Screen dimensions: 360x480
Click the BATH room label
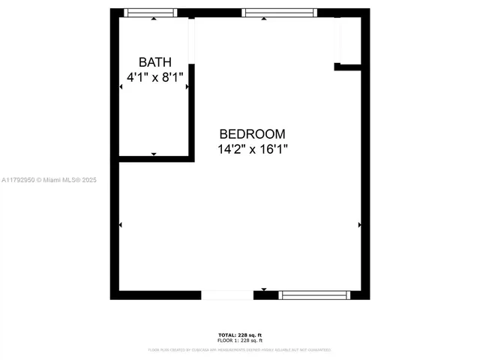pyautogui.click(x=155, y=61)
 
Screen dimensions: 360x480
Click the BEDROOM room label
pyautogui.click(x=252, y=134)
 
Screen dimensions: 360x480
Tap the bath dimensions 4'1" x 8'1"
pyautogui.click(x=154, y=76)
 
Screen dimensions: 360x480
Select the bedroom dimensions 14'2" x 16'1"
pyautogui.click(x=253, y=149)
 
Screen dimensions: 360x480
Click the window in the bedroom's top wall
pyautogui.click(x=279, y=13)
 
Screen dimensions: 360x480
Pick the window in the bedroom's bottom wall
pyautogui.click(x=314, y=295)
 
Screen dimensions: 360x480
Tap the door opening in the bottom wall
pyautogui.click(x=227, y=295)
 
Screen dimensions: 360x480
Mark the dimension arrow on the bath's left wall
pyautogui.click(x=121, y=87)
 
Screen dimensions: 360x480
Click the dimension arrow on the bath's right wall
pyautogui.click(x=187, y=87)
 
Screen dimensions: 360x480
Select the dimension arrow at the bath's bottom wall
pyautogui.click(x=154, y=154)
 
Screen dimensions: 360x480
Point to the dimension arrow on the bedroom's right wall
pyautogui.click(x=359, y=224)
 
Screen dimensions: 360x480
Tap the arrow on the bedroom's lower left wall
pyautogui.click(x=121, y=224)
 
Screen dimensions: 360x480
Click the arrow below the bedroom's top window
pyautogui.click(x=264, y=19)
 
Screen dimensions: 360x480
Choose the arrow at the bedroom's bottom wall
pyautogui.click(x=264, y=289)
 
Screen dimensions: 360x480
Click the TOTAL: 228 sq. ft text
pyautogui.click(x=239, y=334)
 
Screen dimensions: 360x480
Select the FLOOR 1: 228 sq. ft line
pyautogui.click(x=239, y=340)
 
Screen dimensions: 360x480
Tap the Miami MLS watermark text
pyautogui.click(x=49, y=180)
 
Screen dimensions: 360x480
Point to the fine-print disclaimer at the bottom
pyautogui.click(x=239, y=349)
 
